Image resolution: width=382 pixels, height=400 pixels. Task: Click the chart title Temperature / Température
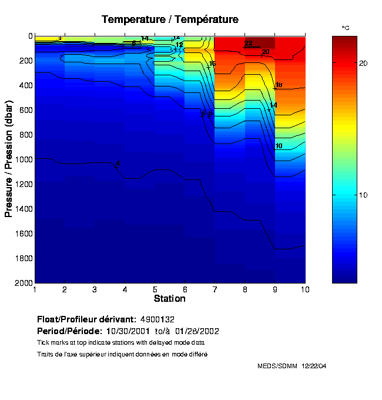pyautogui.click(x=170, y=19)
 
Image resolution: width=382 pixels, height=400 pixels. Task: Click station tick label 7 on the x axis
pyautogui.click(x=215, y=289)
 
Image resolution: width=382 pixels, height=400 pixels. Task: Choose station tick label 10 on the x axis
pyautogui.click(x=304, y=289)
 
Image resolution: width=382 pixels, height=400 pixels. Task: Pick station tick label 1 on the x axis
pyautogui.click(x=35, y=289)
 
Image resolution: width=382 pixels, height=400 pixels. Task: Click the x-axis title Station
pyautogui.click(x=170, y=299)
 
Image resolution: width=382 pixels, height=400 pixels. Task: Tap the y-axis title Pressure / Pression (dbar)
pyautogui.click(x=9, y=159)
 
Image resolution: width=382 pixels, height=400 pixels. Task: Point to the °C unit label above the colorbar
pyautogui.click(x=346, y=28)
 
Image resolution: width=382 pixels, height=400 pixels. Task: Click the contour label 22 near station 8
pyautogui.click(x=249, y=44)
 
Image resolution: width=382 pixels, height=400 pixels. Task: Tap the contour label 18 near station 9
pyautogui.click(x=279, y=85)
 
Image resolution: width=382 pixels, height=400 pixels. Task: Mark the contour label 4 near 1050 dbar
pyautogui.click(x=118, y=163)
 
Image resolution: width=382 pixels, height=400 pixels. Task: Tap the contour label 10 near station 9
pyautogui.click(x=279, y=146)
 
